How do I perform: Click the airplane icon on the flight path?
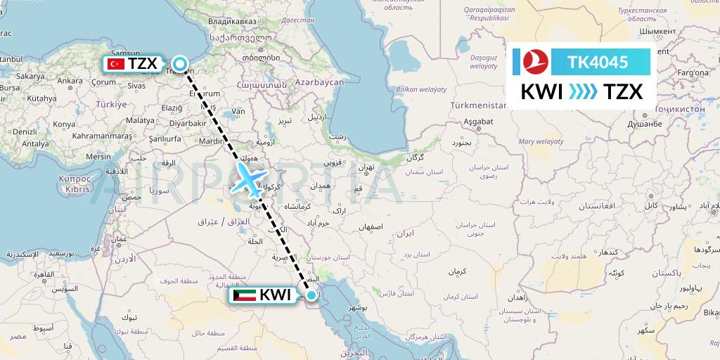point(247,179)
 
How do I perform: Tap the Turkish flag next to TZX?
point(115,64)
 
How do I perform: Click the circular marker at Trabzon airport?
point(180,65)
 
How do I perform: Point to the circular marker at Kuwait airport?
point(311,295)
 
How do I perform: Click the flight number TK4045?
point(598,63)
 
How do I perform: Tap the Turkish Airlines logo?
point(530,63)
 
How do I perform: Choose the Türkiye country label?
point(110,104)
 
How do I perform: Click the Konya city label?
point(63,124)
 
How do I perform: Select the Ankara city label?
point(70,81)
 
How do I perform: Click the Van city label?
point(238,111)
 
